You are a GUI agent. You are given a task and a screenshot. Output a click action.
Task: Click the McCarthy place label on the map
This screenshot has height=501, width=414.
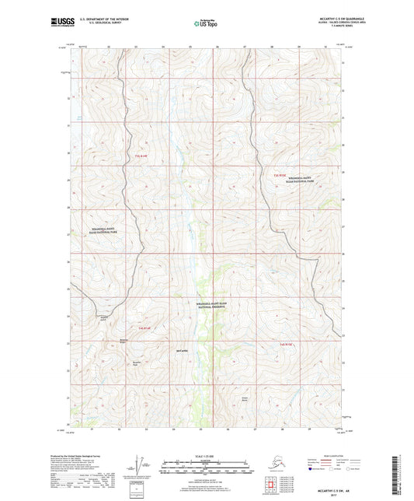tap(181, 352)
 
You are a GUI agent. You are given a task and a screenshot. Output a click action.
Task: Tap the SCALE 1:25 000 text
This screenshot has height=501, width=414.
tap(206, 454)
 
